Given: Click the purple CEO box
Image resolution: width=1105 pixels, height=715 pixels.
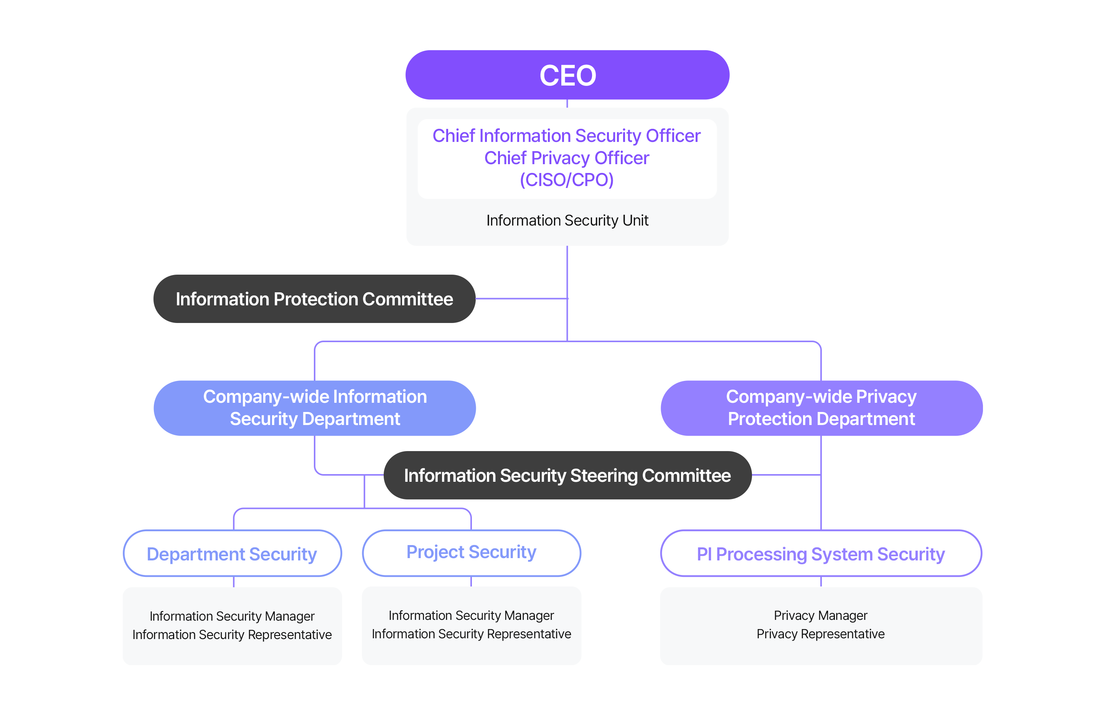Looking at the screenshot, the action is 567,75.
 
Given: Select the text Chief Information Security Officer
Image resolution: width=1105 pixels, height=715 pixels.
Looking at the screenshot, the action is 566,135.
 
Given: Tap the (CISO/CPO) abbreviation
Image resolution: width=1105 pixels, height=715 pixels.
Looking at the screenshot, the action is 566,180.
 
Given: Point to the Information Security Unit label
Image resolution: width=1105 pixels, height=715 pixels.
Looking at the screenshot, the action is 567,220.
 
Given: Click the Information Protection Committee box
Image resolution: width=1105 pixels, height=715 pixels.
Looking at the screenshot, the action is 314,298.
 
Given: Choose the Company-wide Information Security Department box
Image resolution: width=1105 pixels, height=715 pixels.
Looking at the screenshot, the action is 315,408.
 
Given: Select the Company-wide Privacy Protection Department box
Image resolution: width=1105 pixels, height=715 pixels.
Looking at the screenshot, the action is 821,408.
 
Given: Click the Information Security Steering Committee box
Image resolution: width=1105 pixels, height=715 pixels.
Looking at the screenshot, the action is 567,475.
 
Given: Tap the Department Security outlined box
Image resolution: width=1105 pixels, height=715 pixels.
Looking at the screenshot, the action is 232,553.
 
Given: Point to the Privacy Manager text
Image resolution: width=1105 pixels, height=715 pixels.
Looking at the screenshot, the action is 820,615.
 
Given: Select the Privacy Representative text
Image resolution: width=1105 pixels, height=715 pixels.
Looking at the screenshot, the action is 820,634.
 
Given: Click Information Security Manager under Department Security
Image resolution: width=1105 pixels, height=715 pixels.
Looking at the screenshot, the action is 232,616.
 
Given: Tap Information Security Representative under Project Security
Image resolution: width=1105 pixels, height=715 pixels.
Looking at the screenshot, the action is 471,634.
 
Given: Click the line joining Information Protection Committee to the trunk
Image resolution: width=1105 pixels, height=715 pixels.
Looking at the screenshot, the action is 521,298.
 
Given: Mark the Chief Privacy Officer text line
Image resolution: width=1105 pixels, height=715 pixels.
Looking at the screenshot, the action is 566,158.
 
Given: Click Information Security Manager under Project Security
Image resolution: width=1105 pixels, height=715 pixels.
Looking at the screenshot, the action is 471,615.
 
